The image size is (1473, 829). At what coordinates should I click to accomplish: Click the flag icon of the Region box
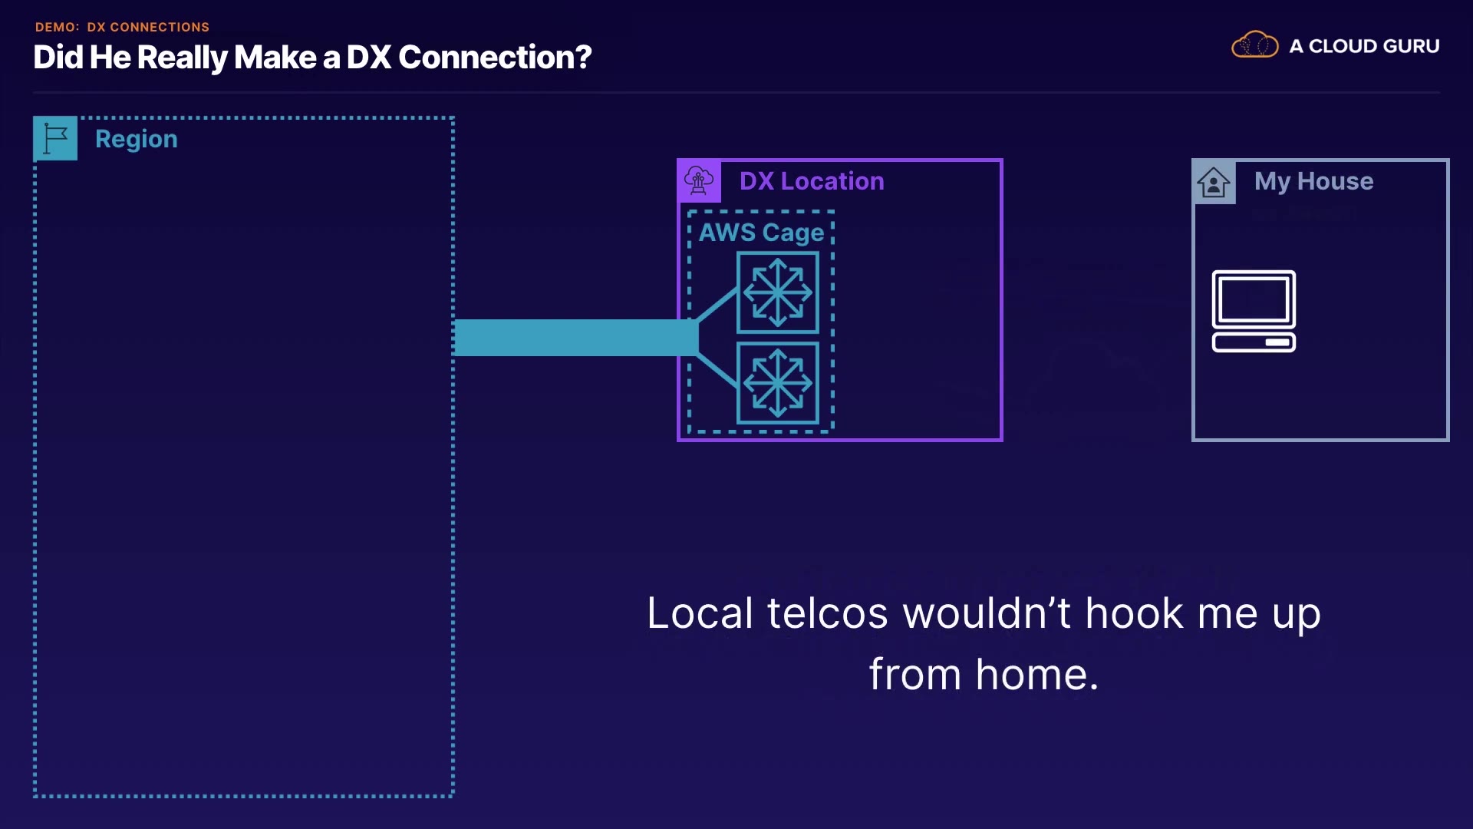pos(55,138)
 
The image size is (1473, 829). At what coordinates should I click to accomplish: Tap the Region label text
pos(137,140)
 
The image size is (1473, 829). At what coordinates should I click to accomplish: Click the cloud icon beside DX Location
pos(699,181)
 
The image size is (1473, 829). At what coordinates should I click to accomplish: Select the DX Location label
pos(812,181)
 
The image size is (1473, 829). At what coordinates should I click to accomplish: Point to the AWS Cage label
pos(761,233)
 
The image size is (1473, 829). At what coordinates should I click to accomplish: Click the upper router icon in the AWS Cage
pos(778,292)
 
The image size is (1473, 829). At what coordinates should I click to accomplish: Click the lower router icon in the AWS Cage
pos(778,383)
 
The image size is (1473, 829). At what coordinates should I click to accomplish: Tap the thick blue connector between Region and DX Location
pos(576,338)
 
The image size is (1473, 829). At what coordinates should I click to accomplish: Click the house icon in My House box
pos(1214,182)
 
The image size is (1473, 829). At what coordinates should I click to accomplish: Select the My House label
pos(1313,181)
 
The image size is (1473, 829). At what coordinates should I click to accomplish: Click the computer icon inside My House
pos(1254,311)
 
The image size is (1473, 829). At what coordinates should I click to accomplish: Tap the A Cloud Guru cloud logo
pos(1254,45)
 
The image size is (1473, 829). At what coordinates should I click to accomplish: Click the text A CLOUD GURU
pos(1364,46)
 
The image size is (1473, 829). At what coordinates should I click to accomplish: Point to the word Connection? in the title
pos(495,58)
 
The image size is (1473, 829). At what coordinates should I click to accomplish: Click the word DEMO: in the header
pos(58,27)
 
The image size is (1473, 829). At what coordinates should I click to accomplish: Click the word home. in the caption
pos(1036,675)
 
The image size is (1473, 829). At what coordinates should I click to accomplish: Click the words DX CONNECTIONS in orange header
pos(148,27)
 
